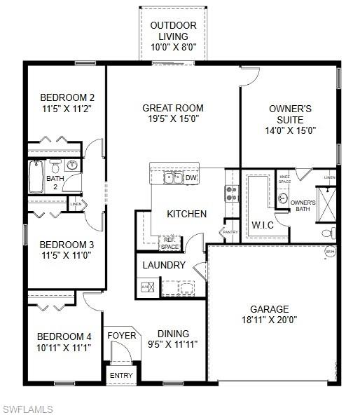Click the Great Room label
(x=173, y=108)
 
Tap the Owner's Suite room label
(x=290, y=109)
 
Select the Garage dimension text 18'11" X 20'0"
(x=269, y=320)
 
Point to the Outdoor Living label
(x=173, y=25)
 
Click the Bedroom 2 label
(x=67, y=97)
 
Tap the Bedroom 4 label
(x=64, y=336)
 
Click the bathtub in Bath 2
(x=36, y=177)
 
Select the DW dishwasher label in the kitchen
(x=191, y=178)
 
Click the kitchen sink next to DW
(x=173, y=178)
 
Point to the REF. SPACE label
(x=170, y=243)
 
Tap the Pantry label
(x=230, y=232)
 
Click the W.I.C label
(x=263, y=226)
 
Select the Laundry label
(x=164, y=265)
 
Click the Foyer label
(x=121, y=335)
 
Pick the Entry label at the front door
(x=120, y=376)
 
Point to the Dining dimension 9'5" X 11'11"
(x=173, y=344)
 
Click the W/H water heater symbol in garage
(x=329, y=252)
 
